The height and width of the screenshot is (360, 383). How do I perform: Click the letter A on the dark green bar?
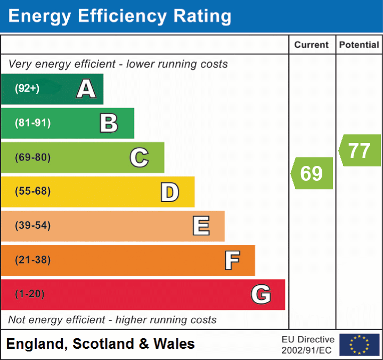click(86, 89)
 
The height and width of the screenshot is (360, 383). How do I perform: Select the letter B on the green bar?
click(109, 123)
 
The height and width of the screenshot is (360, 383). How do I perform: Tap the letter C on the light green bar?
click(139, 157)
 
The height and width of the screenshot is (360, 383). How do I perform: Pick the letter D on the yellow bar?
click(169, 192)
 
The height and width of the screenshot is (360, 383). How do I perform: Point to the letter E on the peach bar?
click(201, 226)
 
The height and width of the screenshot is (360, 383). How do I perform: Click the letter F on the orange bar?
click(232, 260)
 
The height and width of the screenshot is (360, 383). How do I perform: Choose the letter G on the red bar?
click(261, 294)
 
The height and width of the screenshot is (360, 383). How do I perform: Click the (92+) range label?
click(27, 89)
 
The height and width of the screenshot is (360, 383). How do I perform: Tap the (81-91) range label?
click(32, 123)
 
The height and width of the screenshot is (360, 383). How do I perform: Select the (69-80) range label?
click(32, 157)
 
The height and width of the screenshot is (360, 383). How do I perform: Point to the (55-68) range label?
click(32, 191)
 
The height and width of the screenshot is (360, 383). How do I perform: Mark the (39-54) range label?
click(32, 226)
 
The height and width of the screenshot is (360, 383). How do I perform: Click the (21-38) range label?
click(32, 260)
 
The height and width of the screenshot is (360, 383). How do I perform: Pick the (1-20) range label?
click(30, 294)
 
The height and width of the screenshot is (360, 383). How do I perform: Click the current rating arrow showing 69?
click(312, 173)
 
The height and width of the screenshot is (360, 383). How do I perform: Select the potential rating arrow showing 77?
click(360, 150)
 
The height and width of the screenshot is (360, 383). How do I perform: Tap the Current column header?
click(312, 45)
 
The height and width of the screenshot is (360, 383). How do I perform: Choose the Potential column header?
click(359, 45)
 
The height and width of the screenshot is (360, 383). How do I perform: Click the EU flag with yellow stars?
click(359, 345)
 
